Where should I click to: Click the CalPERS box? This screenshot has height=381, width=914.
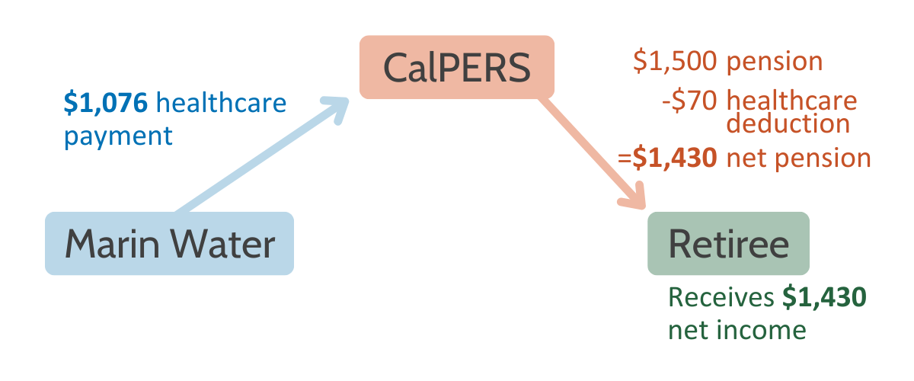pyautogui.click(x=456, y=67)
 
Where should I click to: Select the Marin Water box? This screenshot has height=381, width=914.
pyautogui.click(x=169, y=243)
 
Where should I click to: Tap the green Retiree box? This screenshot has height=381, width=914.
pyautogui.click(x=728, y=243)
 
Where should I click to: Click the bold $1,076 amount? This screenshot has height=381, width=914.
pyautogui.click(x=106, y=103)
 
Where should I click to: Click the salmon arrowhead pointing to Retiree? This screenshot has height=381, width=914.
pyautogui.click(x=632, y=196)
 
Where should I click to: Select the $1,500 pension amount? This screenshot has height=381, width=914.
pyautogui.click(x=675, y=61)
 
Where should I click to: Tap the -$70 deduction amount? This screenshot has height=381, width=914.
pyautogui.click(x=689, y=101)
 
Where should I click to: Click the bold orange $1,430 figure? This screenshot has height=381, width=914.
pyautogui.click(x=675, y=158)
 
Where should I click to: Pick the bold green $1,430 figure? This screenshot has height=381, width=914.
pyautogui.click(x=824, y=297)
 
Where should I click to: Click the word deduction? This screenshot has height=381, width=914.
pyautogui.click(x=788, y=123)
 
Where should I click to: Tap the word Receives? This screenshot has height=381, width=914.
pyautogui.click(x=721, y=297)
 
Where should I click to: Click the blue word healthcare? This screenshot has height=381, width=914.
pyautogui.click(x=221, y=102)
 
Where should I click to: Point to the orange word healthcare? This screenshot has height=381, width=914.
pyautogui.click(x=791, y=101)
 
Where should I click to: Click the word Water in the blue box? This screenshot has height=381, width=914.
pyautogui.click(x=222, y=244)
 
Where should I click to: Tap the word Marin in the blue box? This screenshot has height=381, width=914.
pyautogui.click(x=112, y=244)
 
